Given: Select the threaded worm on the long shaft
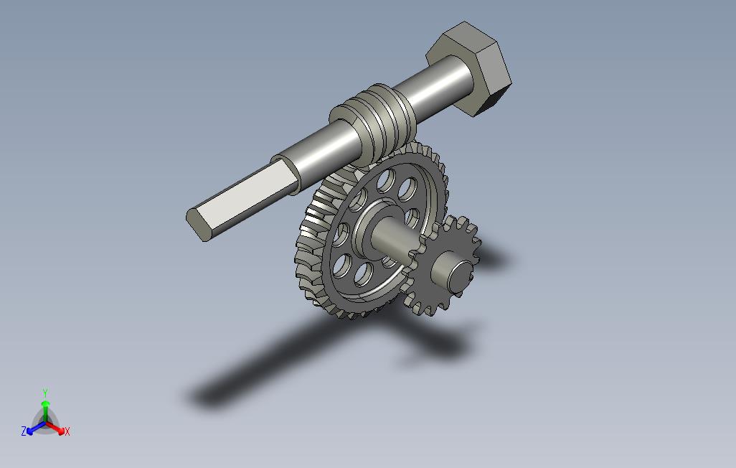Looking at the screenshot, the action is (372, 123).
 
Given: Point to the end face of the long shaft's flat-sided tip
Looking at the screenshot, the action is (197, 225).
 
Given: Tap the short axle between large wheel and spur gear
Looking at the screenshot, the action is (395, 238).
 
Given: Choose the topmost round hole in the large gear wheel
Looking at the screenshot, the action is (387, 180).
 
